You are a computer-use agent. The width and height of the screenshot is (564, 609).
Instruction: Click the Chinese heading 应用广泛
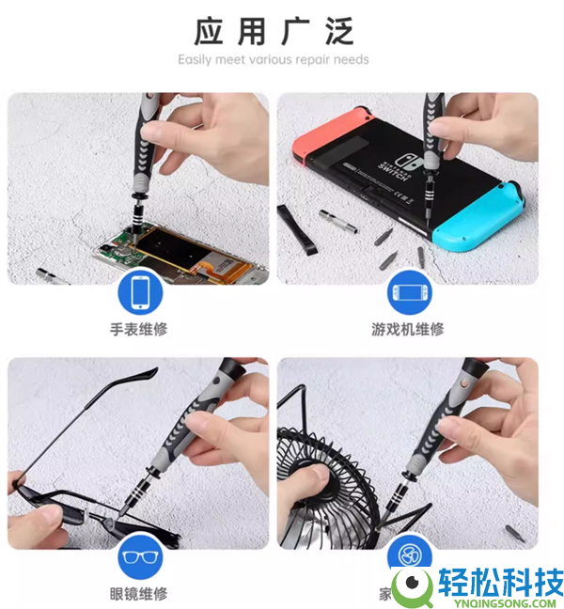click(x=274, y=31)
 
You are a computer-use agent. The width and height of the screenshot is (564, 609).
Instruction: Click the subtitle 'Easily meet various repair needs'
click(x=274, y=59)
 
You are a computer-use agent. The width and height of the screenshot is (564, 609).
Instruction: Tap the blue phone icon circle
click(x=139, y=292)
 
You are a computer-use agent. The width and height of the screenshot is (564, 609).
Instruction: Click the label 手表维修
click(x=139, y=329)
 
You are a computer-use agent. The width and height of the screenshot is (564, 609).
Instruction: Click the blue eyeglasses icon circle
click(x=139, y=556)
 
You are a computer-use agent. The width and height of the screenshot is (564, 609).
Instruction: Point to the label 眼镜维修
click(x=139, y=593)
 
